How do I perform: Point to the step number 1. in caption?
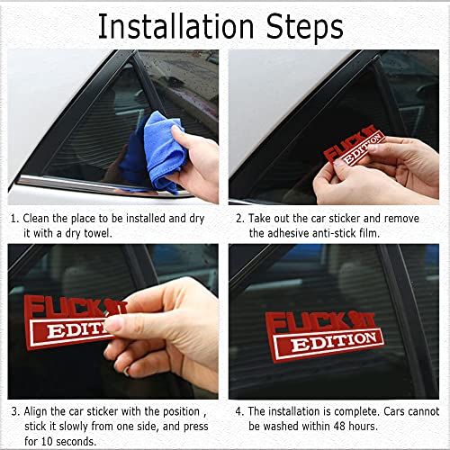pyautogui.click(x=14, y=218)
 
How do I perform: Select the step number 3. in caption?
pyautogui.click(x=14, y=410)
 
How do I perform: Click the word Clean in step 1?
pyautogui.click(x=39, y=218)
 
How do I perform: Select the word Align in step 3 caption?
pyautogui.click(x=39, y=410)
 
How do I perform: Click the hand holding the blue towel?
pyautogui.click(x=198, y=162)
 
